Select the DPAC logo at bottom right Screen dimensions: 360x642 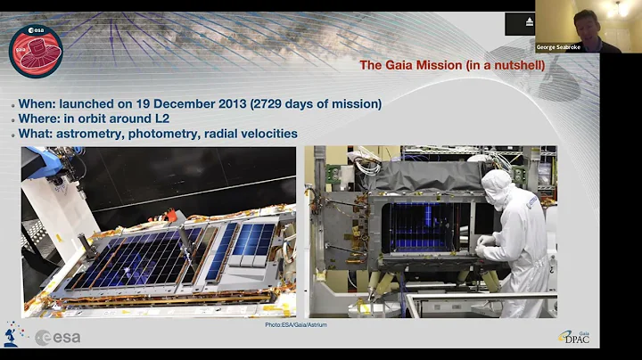pos(578,336)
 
